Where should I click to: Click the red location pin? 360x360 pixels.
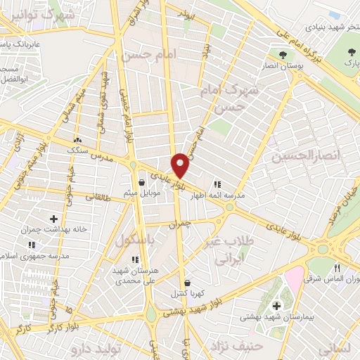click(x=181, y=165)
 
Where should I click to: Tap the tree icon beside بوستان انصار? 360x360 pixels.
click(x=283, y=54)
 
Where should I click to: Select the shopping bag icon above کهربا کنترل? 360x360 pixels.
click(x=186, y=283)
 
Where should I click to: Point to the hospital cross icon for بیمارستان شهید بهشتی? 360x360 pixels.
click(x=276, y=306)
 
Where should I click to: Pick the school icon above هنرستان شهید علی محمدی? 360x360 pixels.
click(x=135, y=259)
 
